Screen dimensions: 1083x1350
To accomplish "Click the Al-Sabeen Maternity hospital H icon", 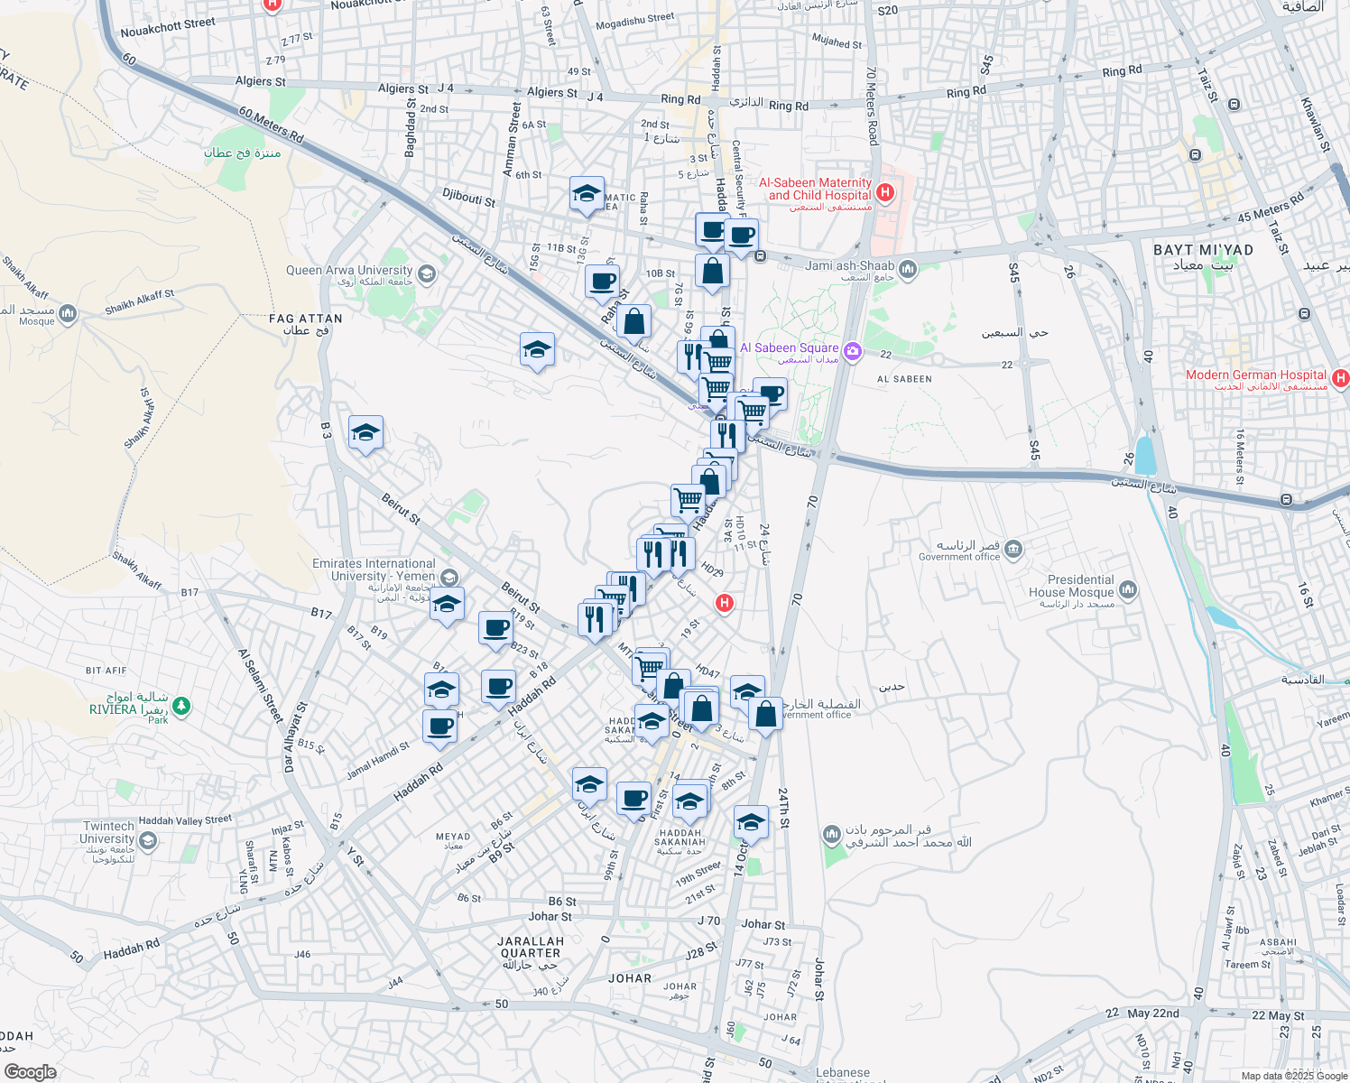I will (x=885, y=191).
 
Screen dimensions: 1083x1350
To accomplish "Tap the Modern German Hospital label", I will (x=1256, y=375).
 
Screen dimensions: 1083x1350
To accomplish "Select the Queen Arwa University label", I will (x=348, y=271).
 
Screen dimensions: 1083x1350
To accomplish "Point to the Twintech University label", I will (x=108, y=832).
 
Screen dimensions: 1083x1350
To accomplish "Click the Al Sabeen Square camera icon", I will (x=852, y=348).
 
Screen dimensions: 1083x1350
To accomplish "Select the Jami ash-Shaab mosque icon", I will (x=908, y=267).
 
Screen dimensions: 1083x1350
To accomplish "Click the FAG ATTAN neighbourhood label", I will (x=305, y=319).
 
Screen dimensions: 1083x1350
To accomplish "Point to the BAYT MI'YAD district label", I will (x=1203, y=250).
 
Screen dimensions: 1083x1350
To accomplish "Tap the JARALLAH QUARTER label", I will (x=531, y=947).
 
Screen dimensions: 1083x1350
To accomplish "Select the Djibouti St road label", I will (x=468, y=197).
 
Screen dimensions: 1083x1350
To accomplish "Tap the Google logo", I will (x=30, y=1072).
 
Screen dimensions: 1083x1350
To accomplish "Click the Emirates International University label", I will (x=374, y=569).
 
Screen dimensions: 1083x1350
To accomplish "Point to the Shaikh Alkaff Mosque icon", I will (x=68, y=313).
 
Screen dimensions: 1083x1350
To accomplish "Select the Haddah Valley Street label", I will (x=185, y=820).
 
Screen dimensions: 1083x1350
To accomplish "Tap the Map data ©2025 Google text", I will (x=1293, y=1076).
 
